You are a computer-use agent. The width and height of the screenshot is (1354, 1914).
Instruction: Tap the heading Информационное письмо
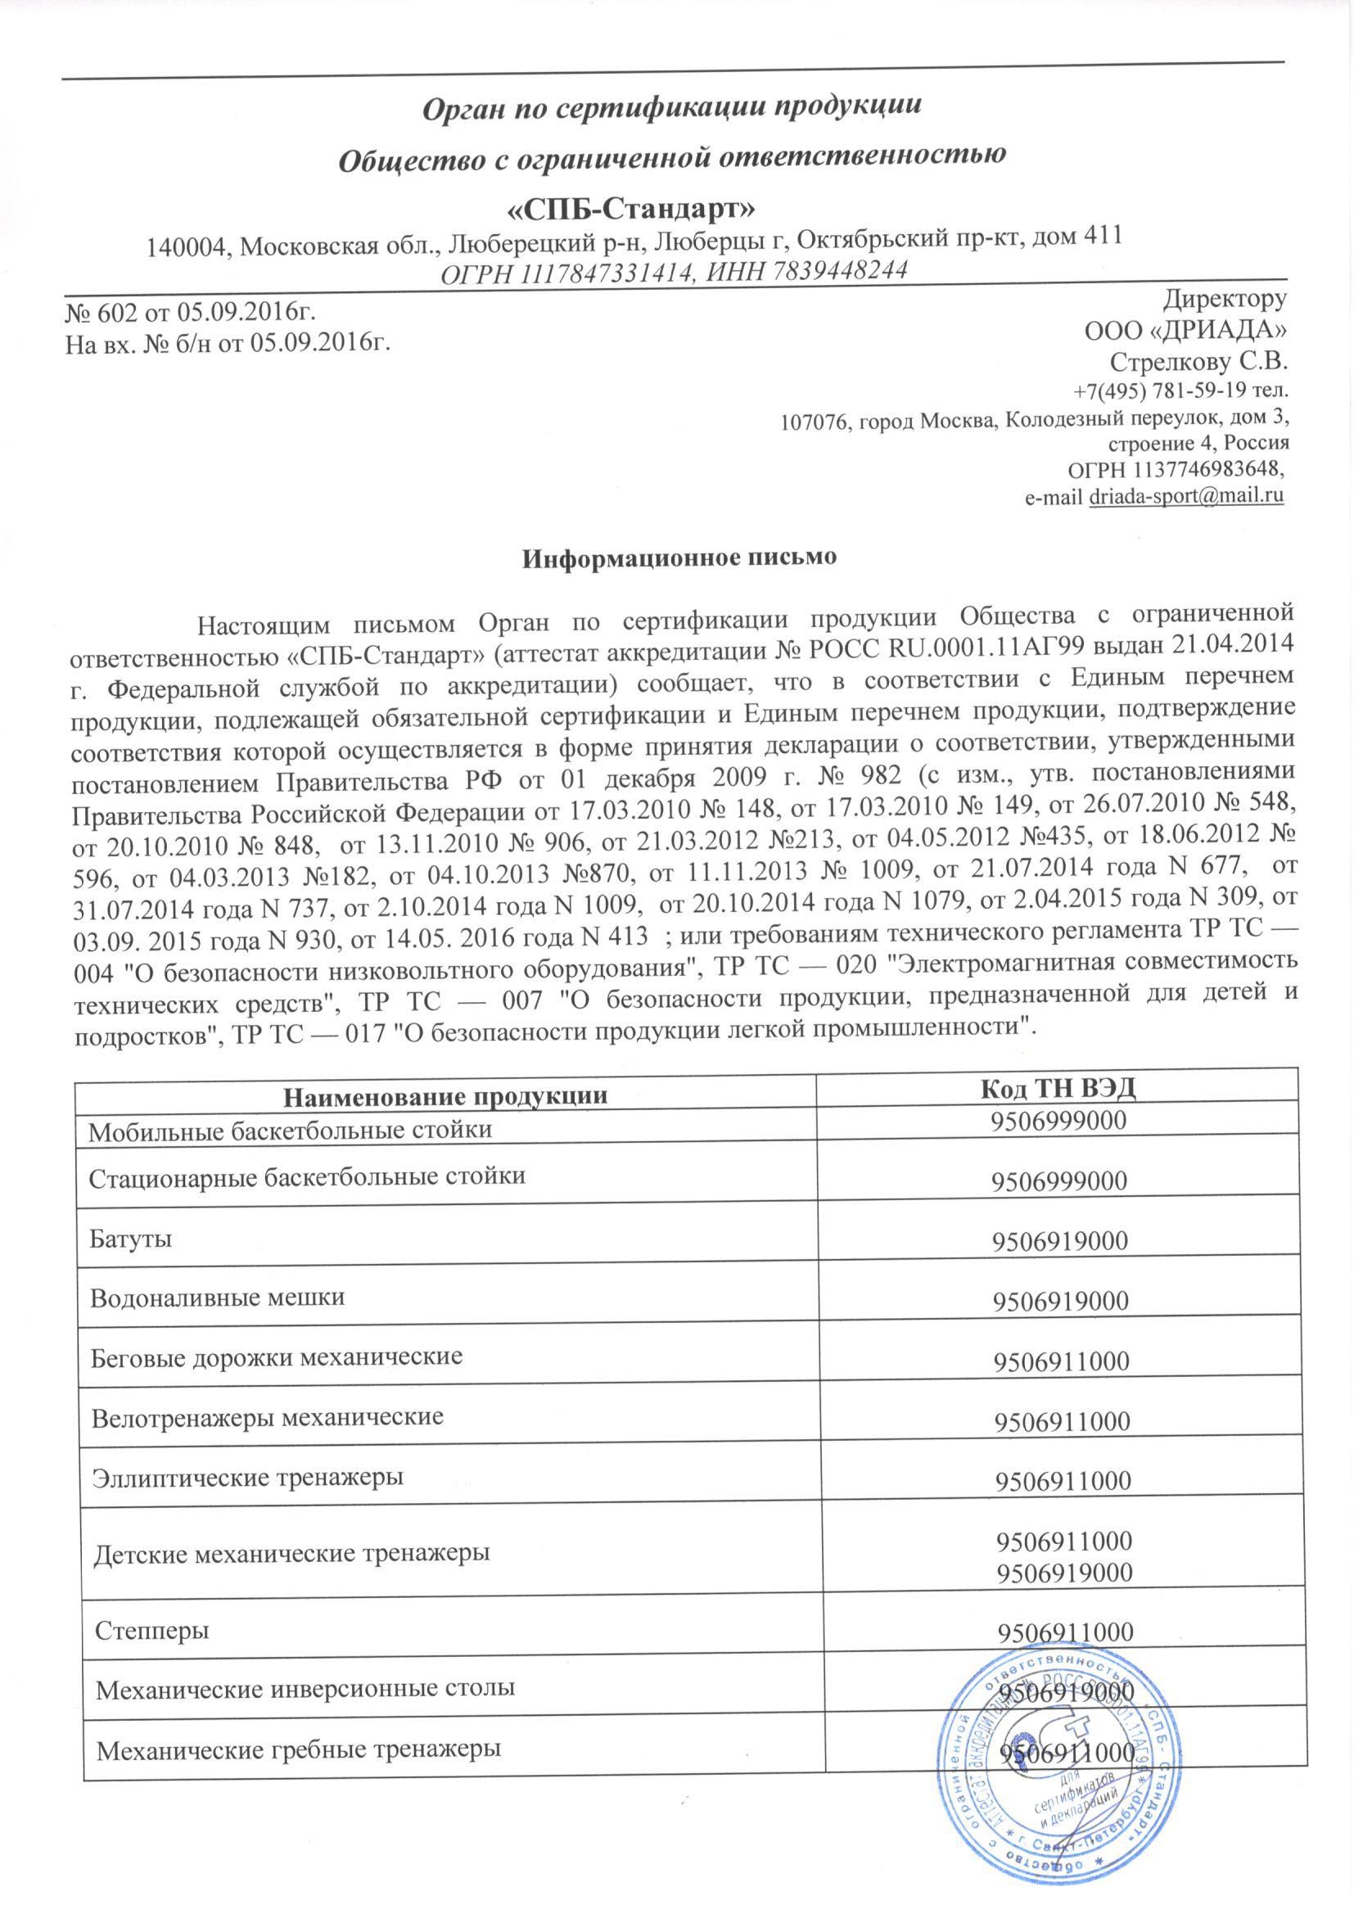click(679, 557)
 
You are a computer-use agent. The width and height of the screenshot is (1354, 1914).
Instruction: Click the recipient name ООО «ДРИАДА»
click(1185, 331)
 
